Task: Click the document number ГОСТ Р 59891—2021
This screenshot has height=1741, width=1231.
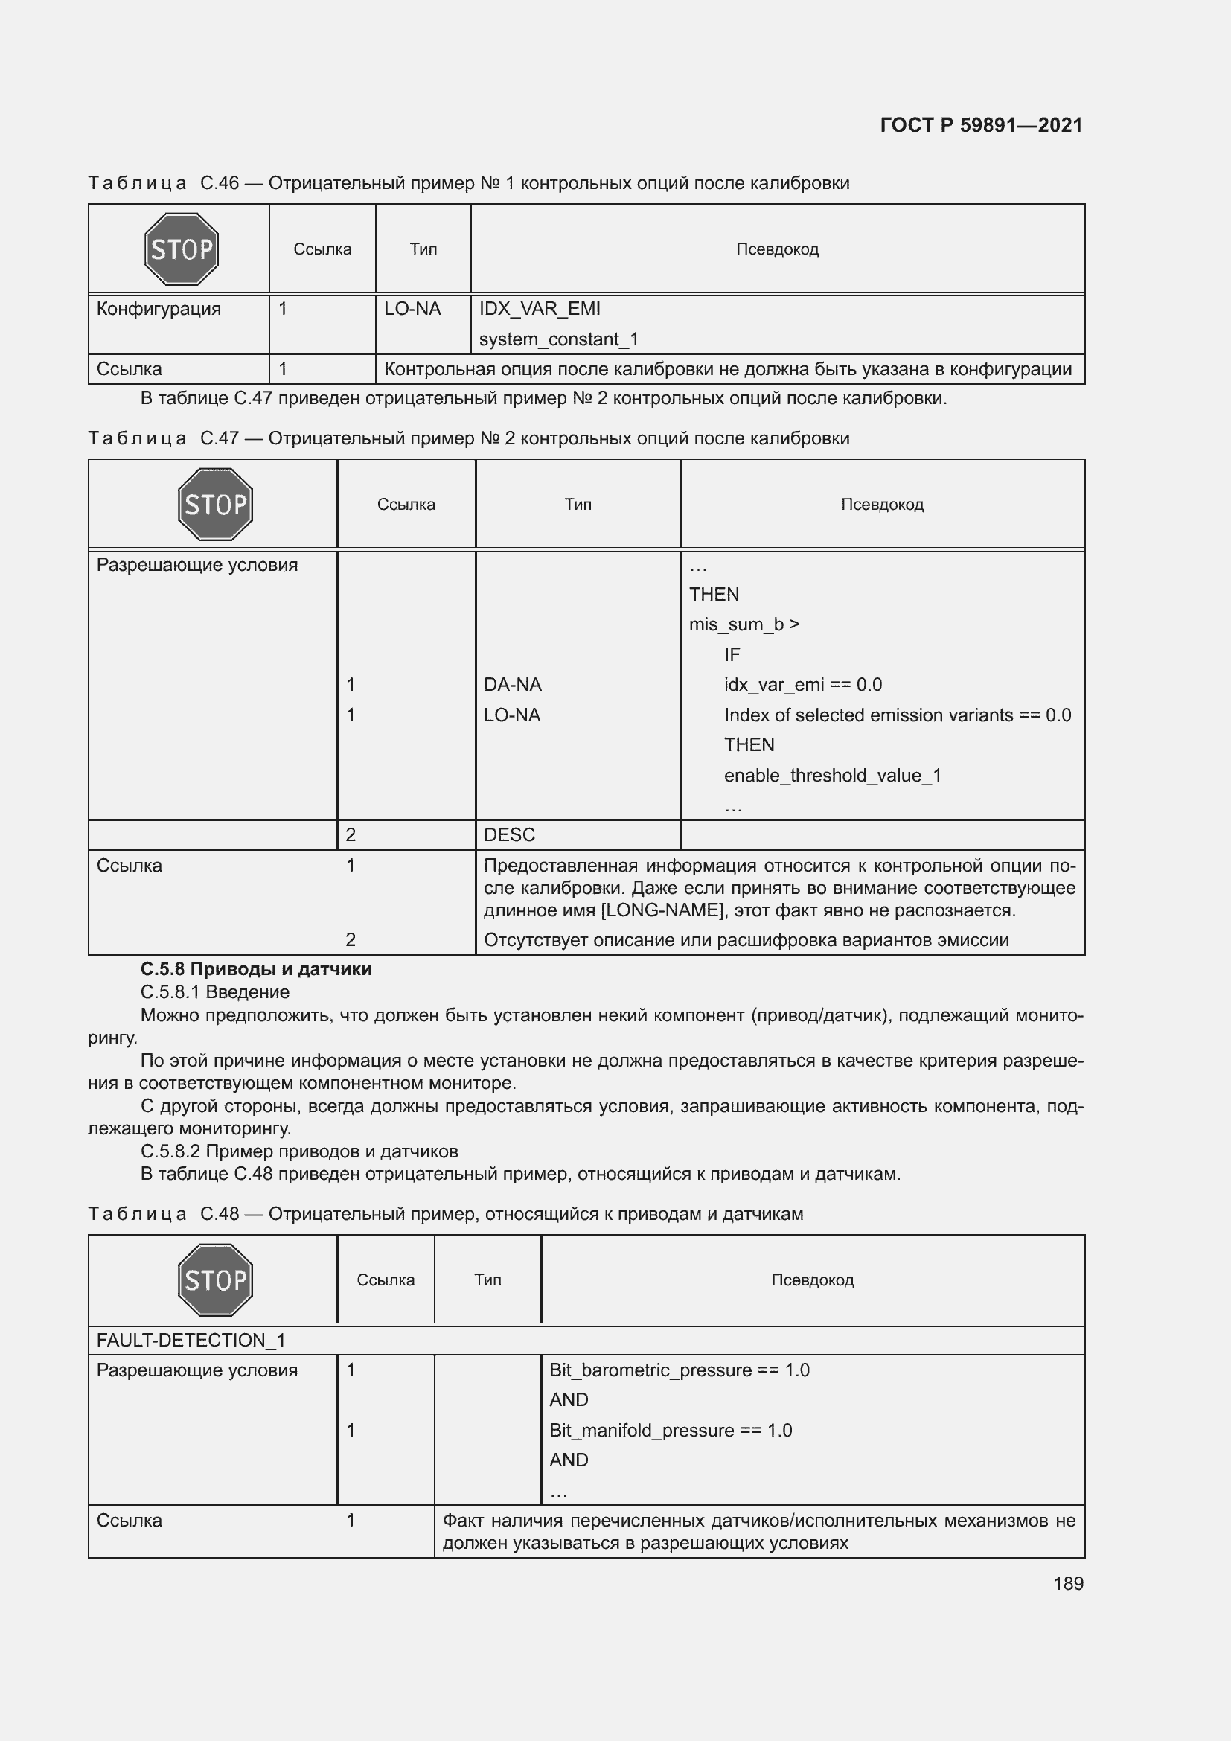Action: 981,125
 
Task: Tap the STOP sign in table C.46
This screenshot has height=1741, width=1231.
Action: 181,249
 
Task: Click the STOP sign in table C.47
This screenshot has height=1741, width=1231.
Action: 214,504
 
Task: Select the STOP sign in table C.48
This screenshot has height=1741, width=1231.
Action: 214,1280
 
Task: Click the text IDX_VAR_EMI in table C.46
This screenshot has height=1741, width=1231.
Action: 540,309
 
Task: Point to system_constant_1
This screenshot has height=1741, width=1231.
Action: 559,339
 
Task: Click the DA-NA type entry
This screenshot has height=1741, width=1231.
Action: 512,685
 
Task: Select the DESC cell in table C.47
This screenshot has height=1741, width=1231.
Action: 509,835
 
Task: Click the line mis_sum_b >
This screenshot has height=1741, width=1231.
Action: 744,624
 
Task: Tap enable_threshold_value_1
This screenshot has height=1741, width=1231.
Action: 832,775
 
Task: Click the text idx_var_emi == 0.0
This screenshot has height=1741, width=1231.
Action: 803,685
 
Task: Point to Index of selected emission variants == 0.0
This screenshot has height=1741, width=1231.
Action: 898,715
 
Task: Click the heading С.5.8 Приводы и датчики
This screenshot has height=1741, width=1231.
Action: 256,969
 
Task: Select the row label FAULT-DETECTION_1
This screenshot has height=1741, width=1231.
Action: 191,1340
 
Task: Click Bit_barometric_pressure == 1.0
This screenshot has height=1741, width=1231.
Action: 680,1370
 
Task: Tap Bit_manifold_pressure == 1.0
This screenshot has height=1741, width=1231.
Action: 671,1430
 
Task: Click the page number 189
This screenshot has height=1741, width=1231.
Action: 1068,1583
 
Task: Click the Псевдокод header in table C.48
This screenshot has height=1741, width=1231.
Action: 812,1280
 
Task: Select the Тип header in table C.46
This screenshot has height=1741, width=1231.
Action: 423,249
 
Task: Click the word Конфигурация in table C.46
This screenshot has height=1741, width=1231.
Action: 159,309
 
